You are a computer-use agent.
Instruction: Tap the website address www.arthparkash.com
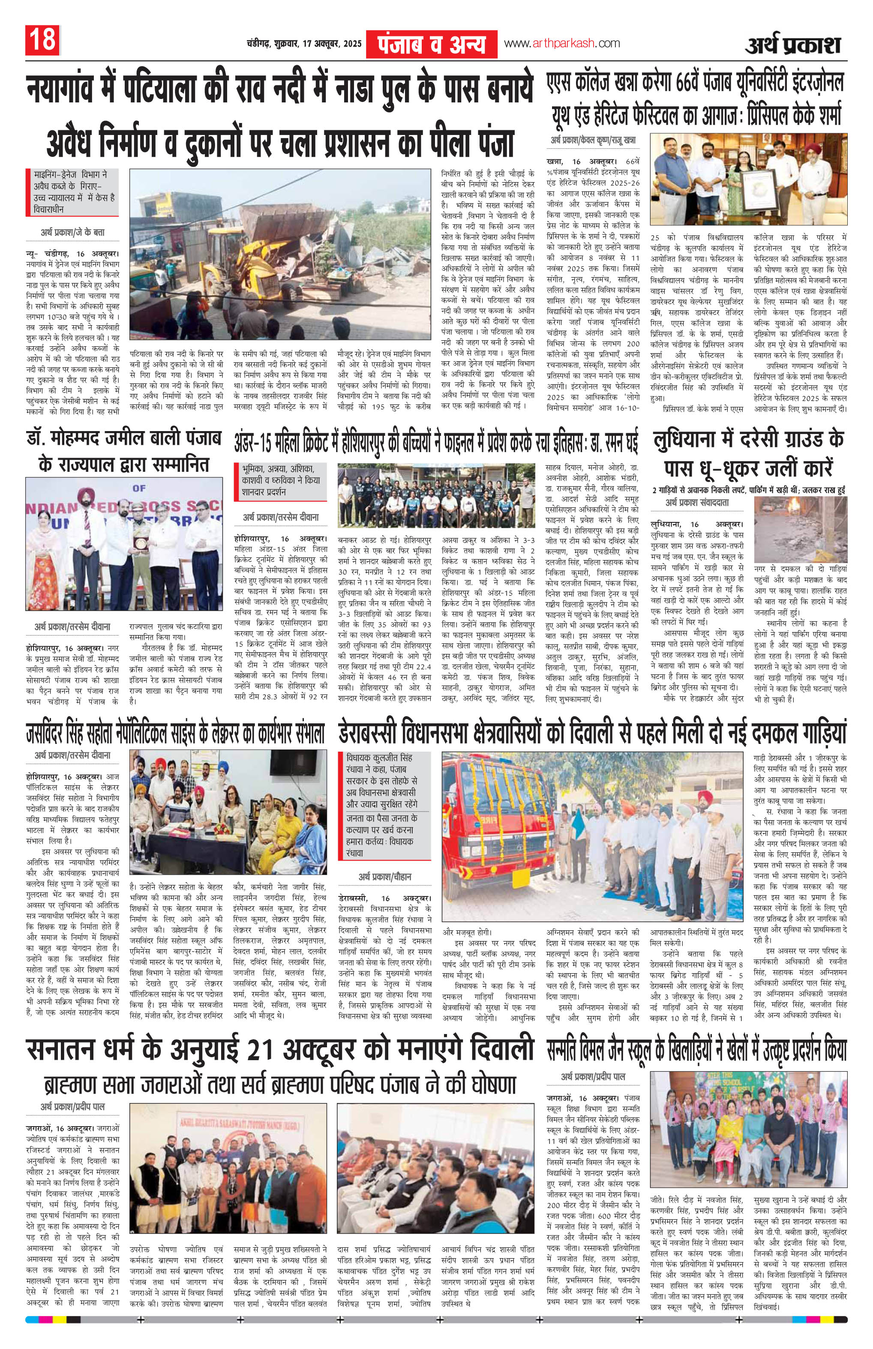point(561,43)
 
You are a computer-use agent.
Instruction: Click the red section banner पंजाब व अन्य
point(432,43)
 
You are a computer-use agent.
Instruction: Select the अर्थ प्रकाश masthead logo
point(792,44)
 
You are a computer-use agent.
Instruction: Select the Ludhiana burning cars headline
point(749,453)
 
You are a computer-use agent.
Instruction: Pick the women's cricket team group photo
point(435,497)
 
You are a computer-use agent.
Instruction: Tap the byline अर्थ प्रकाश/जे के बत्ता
point(72,232)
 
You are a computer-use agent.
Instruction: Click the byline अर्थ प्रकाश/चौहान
point(385,877)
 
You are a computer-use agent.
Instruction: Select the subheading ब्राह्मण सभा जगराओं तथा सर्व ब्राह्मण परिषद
point(279,1085)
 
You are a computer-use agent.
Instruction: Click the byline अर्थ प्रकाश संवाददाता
point(697,502)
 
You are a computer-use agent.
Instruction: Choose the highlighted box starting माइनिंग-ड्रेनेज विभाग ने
point(72,192)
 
